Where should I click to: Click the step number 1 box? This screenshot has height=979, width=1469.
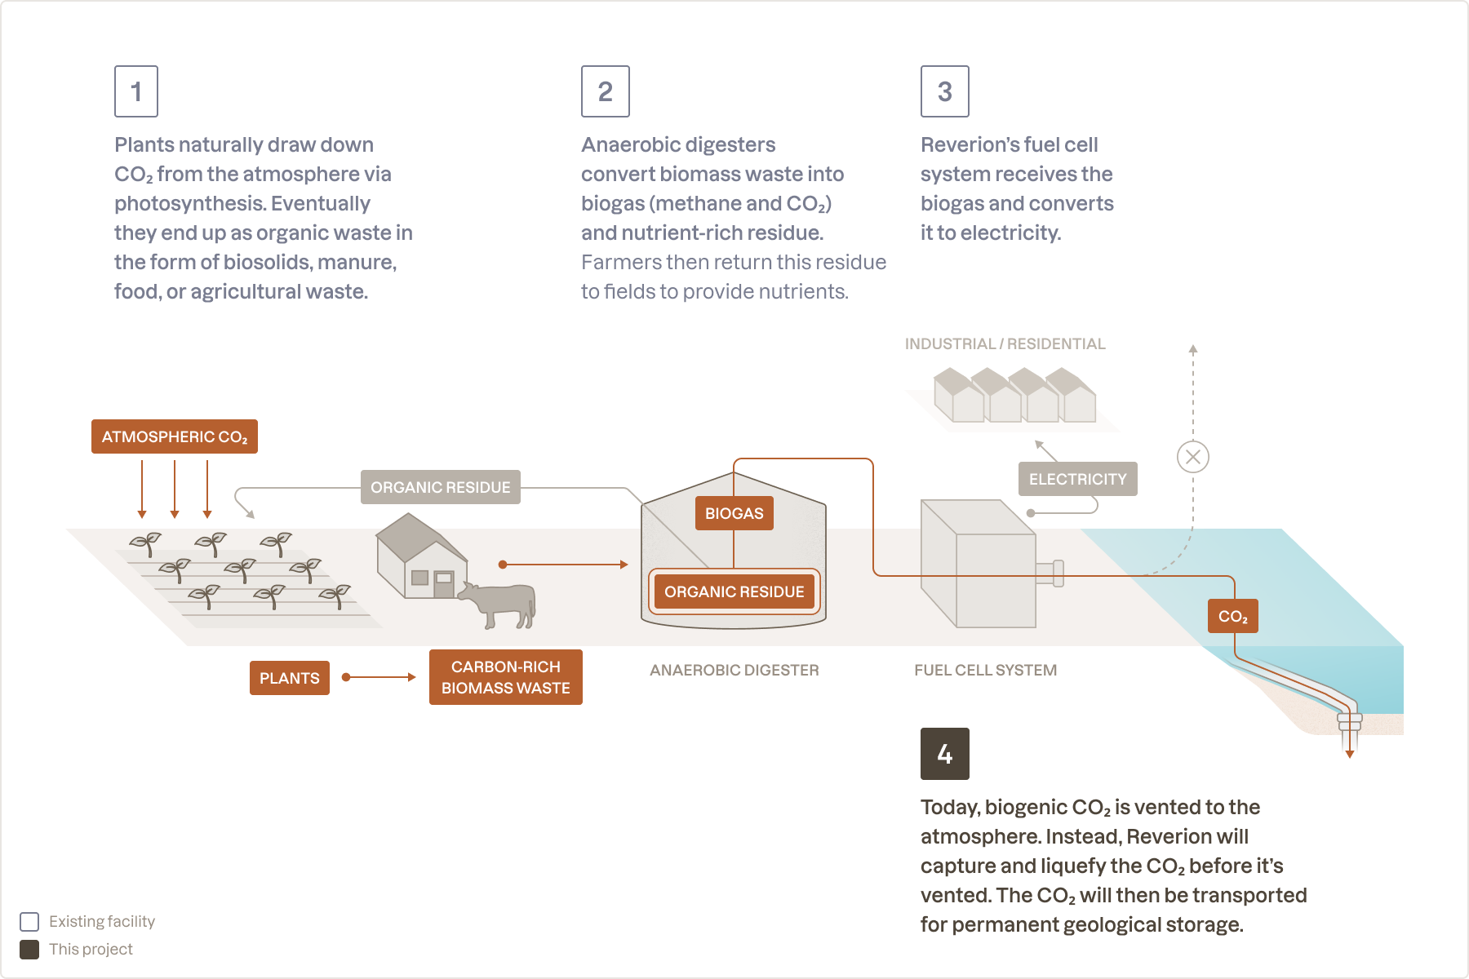click(136, 91)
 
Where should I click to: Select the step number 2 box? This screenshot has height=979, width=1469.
click(605, 91)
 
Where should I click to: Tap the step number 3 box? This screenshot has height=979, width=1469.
click(944, 91)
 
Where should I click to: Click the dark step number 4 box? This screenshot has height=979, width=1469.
click(944, 754)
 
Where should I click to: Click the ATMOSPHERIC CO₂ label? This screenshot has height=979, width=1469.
click(175, 436)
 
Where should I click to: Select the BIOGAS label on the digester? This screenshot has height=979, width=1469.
click(734, 513)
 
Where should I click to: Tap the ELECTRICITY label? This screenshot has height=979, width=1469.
click(1077, 479)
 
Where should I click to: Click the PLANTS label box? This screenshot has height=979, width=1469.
click(289, 678)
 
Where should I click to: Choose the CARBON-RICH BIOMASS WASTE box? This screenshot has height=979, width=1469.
click(505, 677)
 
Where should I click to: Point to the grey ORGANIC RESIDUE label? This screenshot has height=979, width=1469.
click(440, 487)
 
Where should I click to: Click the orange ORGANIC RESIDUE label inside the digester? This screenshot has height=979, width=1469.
click(734, 591)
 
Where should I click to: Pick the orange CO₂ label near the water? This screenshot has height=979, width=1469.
click(1232, 616)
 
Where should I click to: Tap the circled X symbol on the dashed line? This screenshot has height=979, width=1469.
click(1192, 457)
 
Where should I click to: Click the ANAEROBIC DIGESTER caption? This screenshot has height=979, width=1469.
click(734, 670)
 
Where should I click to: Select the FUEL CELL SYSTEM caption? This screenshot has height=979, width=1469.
click(985, 670)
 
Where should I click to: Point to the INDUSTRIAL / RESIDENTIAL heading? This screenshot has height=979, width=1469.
click(1005, 343)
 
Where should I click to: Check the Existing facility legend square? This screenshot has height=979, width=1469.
click(29, 921)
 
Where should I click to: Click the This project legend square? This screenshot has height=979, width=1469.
click(29, 949)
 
